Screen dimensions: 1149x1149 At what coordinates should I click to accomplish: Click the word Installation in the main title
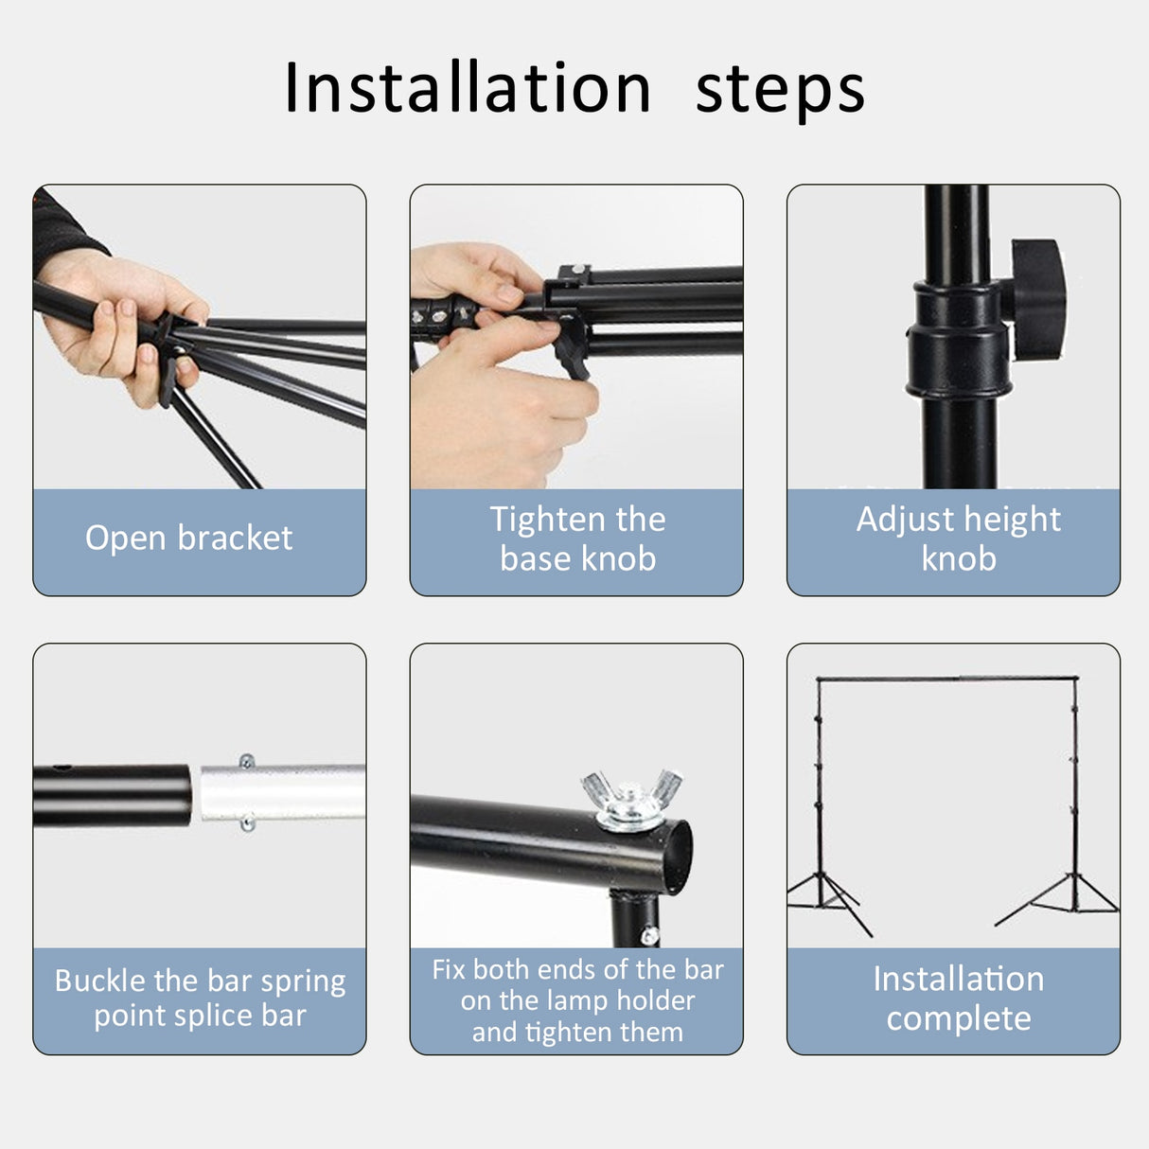coord(468,88)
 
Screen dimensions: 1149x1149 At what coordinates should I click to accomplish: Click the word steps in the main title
coord(780,91)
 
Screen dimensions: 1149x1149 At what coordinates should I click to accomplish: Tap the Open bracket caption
coord(188,538)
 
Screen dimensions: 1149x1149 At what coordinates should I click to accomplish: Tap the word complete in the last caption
coord(958,1018)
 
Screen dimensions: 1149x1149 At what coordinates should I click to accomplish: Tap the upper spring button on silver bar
coord(247,762)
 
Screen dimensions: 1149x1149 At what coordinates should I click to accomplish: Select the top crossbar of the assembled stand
coord(946,678)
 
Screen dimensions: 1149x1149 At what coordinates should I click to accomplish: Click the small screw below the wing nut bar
coord(649,936)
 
